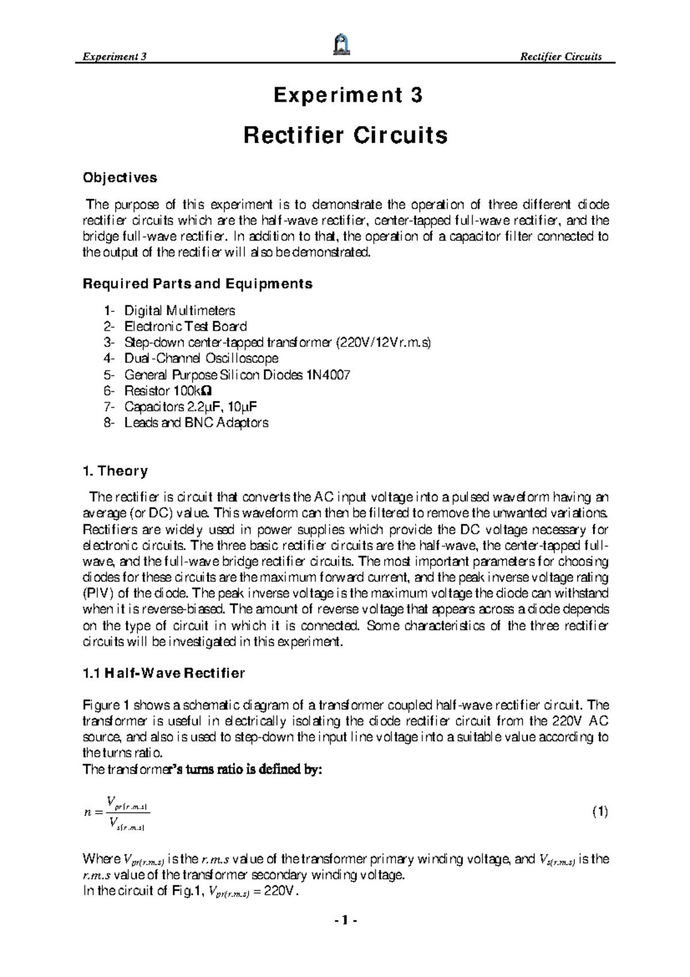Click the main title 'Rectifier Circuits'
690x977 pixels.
pyautogui.click(x=345, y=136)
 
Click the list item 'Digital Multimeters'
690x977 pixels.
pyautogui.click(x=179, y=311)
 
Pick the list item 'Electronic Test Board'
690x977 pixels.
pyautogui.click(x=185, y=327)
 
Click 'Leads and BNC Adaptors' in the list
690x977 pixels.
pyautogui.click(x=196, y=423)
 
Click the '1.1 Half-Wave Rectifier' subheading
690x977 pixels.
pyautogui.click(x=164, y=673)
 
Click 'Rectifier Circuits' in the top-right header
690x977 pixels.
pyautogui.click(x=560, y=56)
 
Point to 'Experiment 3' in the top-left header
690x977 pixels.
pyautogui.click(x=116, y=56)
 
